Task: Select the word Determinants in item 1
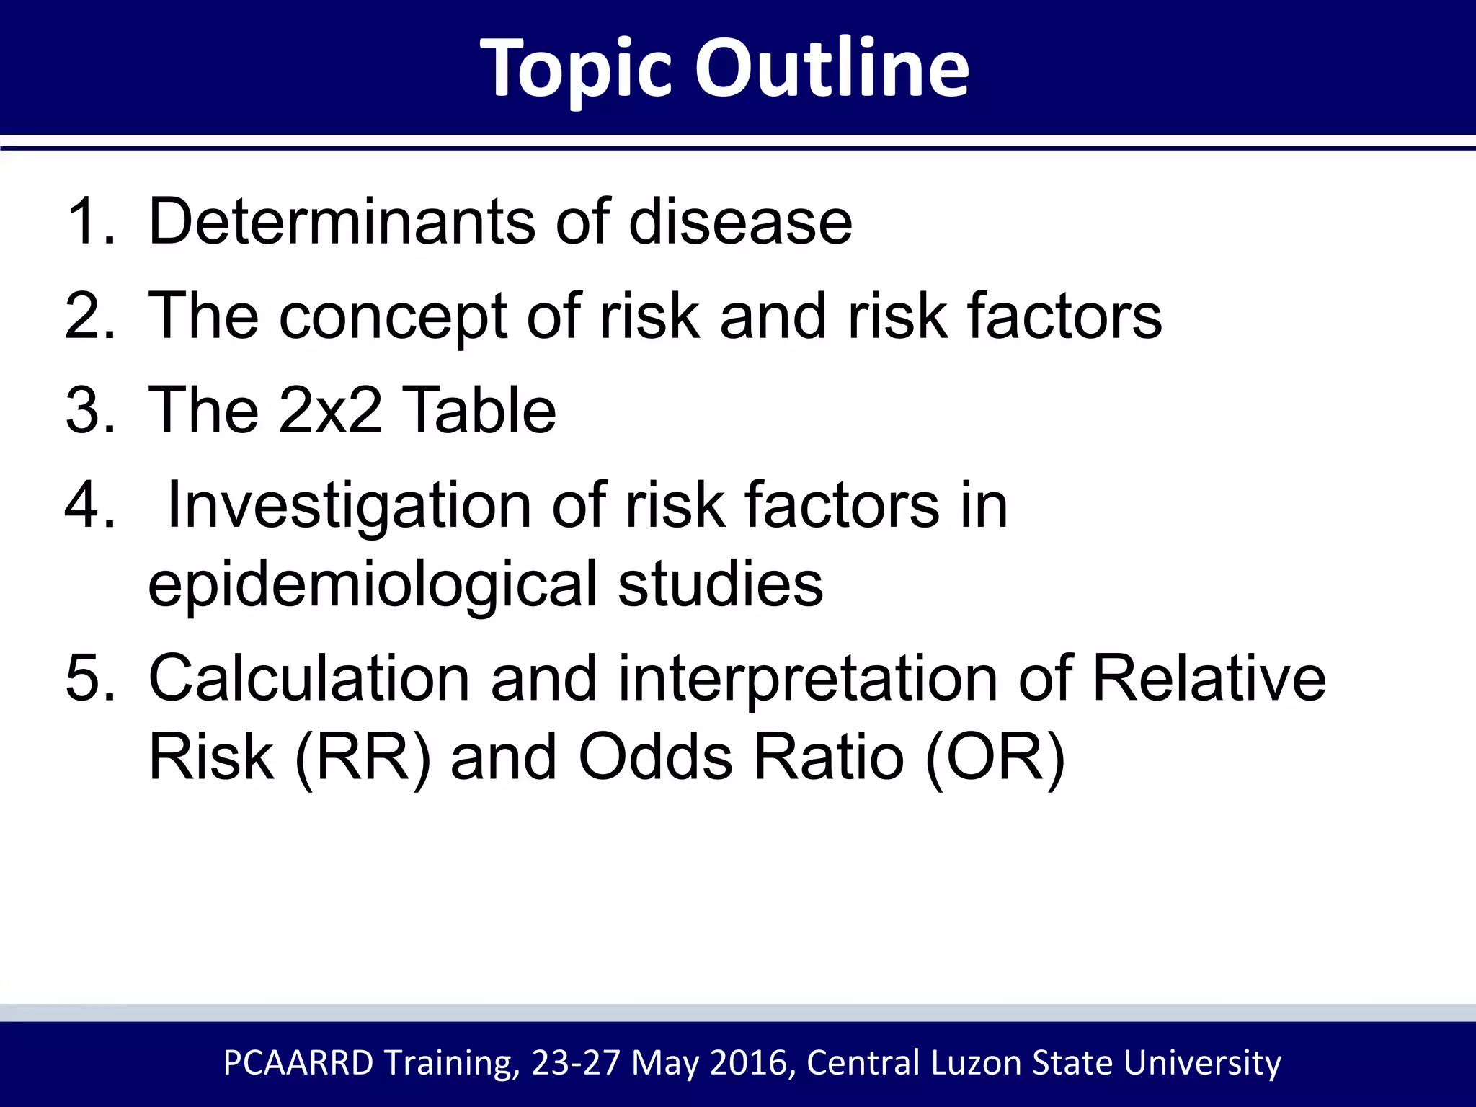[342, 221]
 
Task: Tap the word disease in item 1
[740, 221]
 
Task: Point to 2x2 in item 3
[330, 410]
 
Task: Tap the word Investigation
[349, 507]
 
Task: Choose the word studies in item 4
[720, 584]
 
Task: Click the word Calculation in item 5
[308, 678]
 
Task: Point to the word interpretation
[807, 680]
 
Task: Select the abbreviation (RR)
[363, 757]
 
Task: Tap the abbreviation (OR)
[995, 757]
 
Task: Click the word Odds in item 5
[656, 757]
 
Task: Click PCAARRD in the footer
[298, 1063]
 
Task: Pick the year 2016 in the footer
[752, 1063]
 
